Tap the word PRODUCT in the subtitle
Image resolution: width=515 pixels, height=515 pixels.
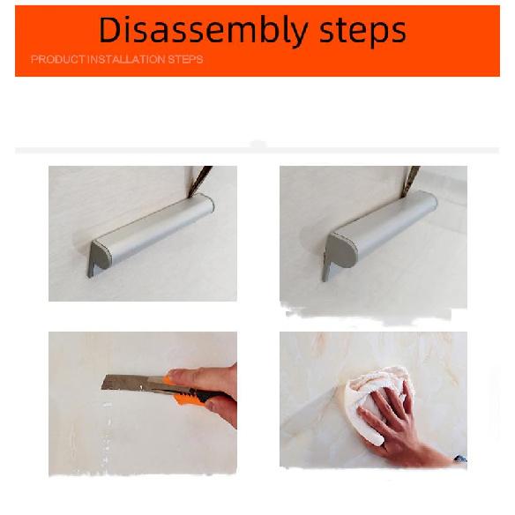pos(58,59)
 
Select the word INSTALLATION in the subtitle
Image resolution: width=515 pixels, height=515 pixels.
pos(127,59)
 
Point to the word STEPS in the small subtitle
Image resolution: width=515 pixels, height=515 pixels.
pos(185,59)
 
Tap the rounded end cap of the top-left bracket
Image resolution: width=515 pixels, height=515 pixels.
pos(102,255)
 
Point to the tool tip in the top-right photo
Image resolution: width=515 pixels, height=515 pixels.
pos(410,182)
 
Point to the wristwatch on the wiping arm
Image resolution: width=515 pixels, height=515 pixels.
pos(460,459)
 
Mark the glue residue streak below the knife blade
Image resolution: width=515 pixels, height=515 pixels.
pos(107,434)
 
